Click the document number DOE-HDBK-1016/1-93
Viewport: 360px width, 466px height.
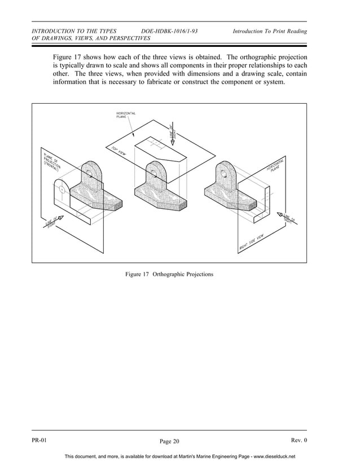(x=169, y=31)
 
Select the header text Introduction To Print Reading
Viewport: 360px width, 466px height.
(x=270, y=31)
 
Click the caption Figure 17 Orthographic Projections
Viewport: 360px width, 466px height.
(x=169, y=274)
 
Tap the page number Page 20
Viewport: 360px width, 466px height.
(x=169, y=441)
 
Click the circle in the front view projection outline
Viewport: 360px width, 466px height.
(x=61, y=189)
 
